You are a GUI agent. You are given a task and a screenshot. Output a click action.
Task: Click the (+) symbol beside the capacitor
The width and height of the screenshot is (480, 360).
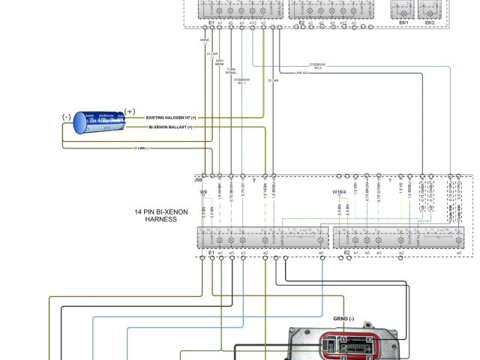click(x=130, y=112)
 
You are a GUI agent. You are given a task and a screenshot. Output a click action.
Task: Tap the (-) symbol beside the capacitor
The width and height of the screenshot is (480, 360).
click(x=67, y=117)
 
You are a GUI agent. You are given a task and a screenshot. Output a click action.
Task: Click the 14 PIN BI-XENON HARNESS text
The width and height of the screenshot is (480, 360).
click(x=156, y=216)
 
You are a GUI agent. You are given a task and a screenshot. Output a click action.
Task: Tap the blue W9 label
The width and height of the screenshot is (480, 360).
click(x=203, y=192)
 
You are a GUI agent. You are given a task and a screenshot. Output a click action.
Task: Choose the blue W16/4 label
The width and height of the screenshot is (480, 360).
click(x=339, y=192)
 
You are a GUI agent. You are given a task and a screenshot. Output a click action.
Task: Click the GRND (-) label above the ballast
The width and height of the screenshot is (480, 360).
click(x=345, y=318)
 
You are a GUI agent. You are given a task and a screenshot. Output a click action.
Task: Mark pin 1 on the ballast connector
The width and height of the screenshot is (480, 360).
click(x=343, y=340)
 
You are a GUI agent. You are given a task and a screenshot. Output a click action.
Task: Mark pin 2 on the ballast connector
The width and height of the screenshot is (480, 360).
click(x=343, y=349)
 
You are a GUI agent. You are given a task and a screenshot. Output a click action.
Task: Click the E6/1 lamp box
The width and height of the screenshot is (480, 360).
click(x=403, y=10)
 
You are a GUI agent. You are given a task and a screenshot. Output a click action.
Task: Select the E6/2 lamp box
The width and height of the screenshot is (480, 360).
click(x=430, y=10)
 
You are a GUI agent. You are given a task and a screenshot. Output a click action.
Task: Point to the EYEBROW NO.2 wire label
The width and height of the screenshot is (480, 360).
click(x=318, y=66)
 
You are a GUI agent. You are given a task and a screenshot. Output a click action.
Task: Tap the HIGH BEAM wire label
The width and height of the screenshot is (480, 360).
click(x=220, y=63)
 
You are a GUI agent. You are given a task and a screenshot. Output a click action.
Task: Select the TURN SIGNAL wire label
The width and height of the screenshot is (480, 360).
click(x=231, y=70)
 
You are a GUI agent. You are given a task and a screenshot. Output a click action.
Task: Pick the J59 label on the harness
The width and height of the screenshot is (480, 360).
click(x=198, y=180)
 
